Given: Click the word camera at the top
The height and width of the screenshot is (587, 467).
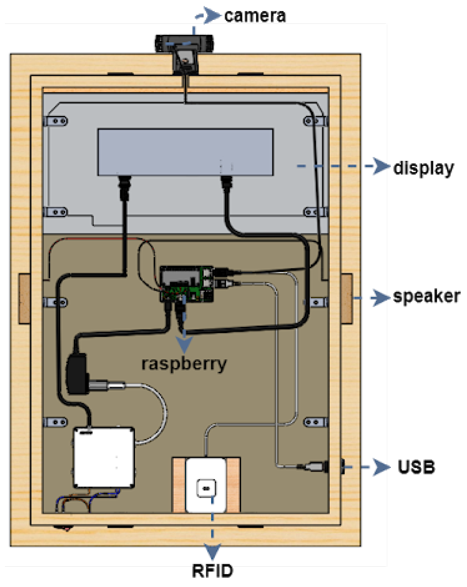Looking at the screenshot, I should (x=255, y=16).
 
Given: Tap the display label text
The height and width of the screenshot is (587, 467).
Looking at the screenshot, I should (x=423, y=168).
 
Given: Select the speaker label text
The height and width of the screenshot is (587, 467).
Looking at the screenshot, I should (x=426, y=296).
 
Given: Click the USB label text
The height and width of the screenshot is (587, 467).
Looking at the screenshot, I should (x=416, y=467).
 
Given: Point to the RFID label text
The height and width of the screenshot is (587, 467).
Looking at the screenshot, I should (x=212, y=571).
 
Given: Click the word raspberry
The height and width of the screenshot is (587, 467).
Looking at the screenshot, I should (x=184, y=364).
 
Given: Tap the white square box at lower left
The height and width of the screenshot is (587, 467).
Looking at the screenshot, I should (x=104, y=458).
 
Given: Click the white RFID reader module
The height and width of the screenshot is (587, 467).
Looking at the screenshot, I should (x=206, y=485).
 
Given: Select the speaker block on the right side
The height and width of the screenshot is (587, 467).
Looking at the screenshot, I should (x=346, y=298).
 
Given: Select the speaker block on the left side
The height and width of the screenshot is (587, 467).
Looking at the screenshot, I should (x=24, y=298).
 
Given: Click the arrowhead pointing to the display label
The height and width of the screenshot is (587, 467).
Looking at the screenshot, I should (x=381, y=166).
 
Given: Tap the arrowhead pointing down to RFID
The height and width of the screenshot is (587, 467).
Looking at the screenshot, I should (x=212, y=551).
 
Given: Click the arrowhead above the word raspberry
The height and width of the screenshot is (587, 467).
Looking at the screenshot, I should (x=184, y=344).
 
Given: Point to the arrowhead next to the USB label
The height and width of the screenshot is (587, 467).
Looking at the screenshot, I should (x=381, y=467).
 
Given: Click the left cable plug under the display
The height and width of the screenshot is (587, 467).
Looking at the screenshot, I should (x=124, y=187).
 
